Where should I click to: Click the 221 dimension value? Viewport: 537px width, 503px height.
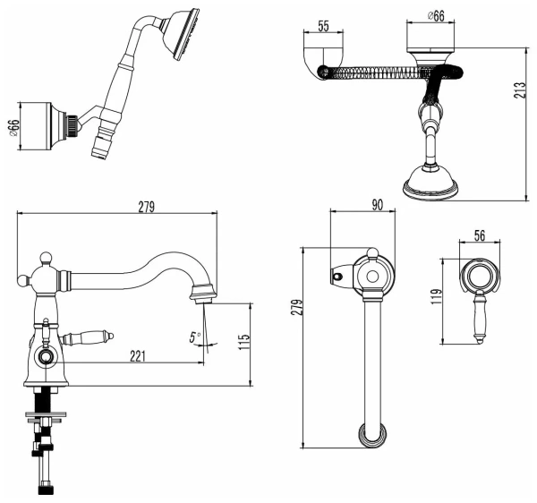click(x=138, y=356)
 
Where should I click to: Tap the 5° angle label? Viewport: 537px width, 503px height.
click(x=194, y=338)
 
